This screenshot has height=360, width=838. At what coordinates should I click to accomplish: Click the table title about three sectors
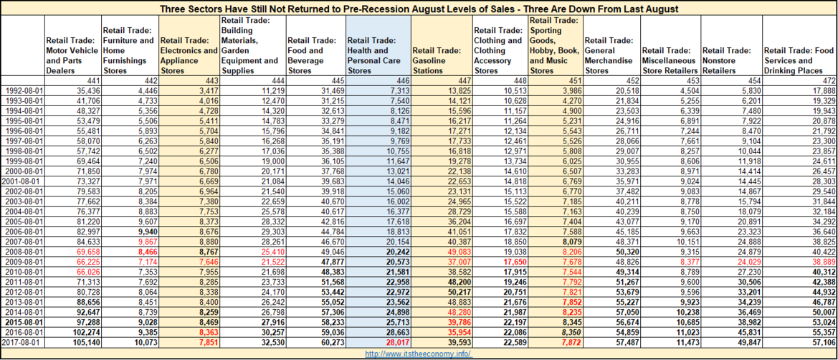(419, 9)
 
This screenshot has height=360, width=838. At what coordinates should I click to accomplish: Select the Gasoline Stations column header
(436, 55)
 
